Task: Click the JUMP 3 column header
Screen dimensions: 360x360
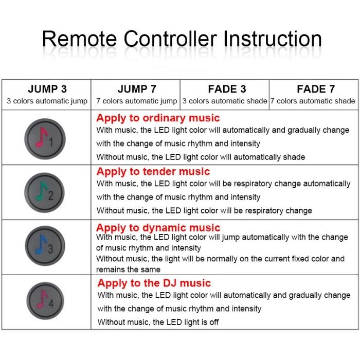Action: [x=47, y=89]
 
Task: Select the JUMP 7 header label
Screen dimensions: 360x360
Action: [x=137, y=89]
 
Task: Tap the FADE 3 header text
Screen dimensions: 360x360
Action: [x=227, y=89]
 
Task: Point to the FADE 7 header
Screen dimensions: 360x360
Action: [x=316, y=89]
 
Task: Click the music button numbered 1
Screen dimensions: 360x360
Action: [x=45, y=139]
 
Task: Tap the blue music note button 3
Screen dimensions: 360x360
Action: [x=45, y=246]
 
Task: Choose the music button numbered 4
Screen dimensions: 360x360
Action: [x=45, y=301]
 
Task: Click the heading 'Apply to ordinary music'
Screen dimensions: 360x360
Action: [x=158, y=118]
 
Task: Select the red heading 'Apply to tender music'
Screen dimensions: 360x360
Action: [x=153, y=172]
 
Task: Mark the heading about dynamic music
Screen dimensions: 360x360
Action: [x=158, y=228]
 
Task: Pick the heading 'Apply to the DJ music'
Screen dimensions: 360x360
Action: [x=154, y=283]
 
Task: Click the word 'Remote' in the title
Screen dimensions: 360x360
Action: [x=79, y=39]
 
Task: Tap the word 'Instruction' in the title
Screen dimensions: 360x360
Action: [x=272, y=39]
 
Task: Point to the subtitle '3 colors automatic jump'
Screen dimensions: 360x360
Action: [x=47, y=101]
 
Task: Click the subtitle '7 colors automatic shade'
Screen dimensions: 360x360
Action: [x=313, y=101]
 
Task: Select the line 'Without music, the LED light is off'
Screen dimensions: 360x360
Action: [x=158, y=322]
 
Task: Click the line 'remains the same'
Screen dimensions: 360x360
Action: [x=128, y=269]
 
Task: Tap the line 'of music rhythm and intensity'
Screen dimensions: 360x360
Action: [x=148, y=248]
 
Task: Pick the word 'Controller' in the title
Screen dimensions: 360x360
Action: [x=170, y=39]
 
